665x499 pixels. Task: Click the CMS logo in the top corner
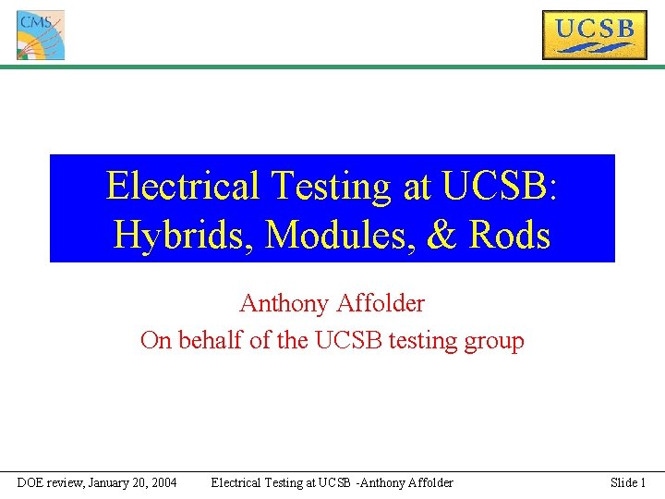tap(41, 35)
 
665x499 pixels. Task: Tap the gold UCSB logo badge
tap(594, 34)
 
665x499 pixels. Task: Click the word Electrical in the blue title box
tap(183, 186)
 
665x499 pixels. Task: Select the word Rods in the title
tap(509, 235)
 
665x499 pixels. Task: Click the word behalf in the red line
tap(212, 340)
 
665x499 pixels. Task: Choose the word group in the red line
tap(495, 342)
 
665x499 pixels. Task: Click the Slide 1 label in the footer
tap(628, 482)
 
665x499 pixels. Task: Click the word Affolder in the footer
tap(427, 482)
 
